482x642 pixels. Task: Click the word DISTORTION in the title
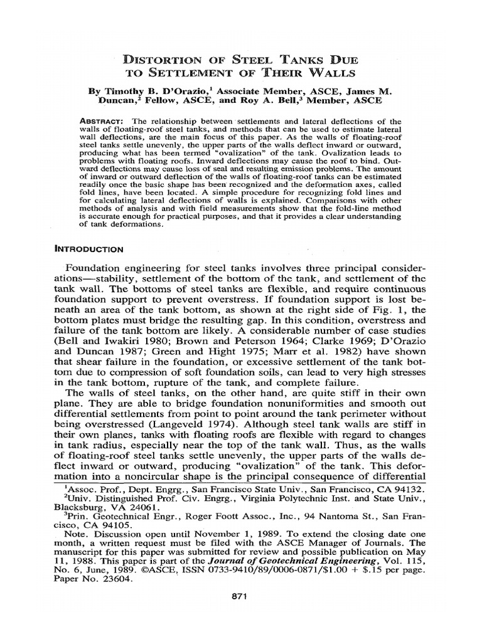point(165,60)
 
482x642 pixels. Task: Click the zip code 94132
point(411,488)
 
